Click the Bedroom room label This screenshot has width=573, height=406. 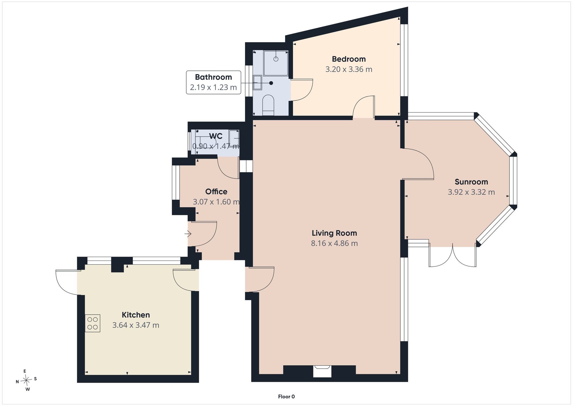point(349,59)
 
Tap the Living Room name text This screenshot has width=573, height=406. point(334,233)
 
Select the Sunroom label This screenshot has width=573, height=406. point(471,182)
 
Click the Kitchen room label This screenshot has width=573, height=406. point(136,315)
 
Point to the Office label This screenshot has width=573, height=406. point(216,191)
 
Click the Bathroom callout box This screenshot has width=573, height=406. point(213,82)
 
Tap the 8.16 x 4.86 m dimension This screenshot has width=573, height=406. point(334,243)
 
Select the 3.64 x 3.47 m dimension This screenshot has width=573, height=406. point(136,325)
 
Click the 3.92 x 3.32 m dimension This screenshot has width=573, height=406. point(471,192)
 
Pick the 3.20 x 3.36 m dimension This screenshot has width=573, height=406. point(349,69)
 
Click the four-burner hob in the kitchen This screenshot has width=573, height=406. point(93,323)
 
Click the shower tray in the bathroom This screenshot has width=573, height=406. point(276,63)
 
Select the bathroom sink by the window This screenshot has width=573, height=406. point(258,83)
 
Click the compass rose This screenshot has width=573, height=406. point(26,380)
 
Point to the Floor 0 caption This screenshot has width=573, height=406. point(286,397)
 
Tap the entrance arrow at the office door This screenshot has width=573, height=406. point(188,234)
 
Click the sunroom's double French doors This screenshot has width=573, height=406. point(453,255)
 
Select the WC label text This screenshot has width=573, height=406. point(215,136)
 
